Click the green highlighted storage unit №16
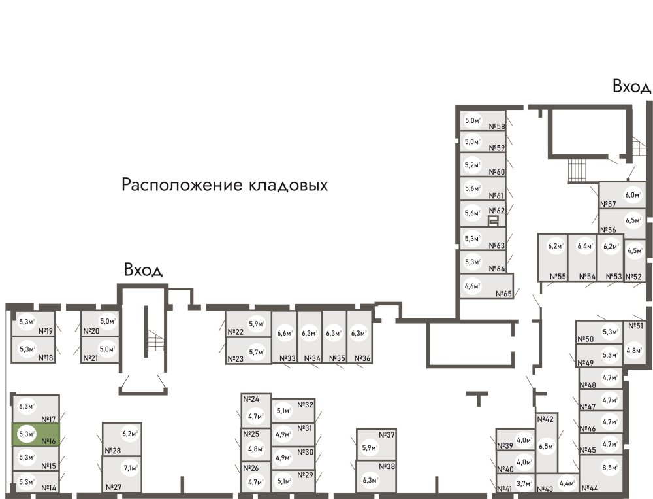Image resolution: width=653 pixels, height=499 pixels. tap(36, 434)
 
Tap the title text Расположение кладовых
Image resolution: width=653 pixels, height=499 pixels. tap(224, 185)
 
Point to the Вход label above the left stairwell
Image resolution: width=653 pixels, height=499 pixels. tap(143, 270)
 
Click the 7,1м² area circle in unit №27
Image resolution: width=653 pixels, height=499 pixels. tap(130, 468)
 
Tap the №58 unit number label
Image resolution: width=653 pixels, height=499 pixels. tap(497, 127)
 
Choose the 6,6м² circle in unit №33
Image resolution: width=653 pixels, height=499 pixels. tap(284, 334)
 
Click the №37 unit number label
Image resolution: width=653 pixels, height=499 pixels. tap(387, 435)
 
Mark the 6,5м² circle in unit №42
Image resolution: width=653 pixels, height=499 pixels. tap(546, 447)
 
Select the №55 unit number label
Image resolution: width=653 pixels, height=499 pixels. tap(557, 277)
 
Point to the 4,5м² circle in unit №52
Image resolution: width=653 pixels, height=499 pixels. tap(634, 250)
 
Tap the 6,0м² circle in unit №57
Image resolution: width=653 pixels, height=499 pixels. tap(631, 194)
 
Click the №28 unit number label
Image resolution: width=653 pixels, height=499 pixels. tap(112, 451)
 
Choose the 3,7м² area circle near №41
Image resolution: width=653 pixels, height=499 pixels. tap(524, 483)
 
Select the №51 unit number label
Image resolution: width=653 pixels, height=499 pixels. tap(635, 326)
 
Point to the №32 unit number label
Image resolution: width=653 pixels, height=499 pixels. tap(306, 405)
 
